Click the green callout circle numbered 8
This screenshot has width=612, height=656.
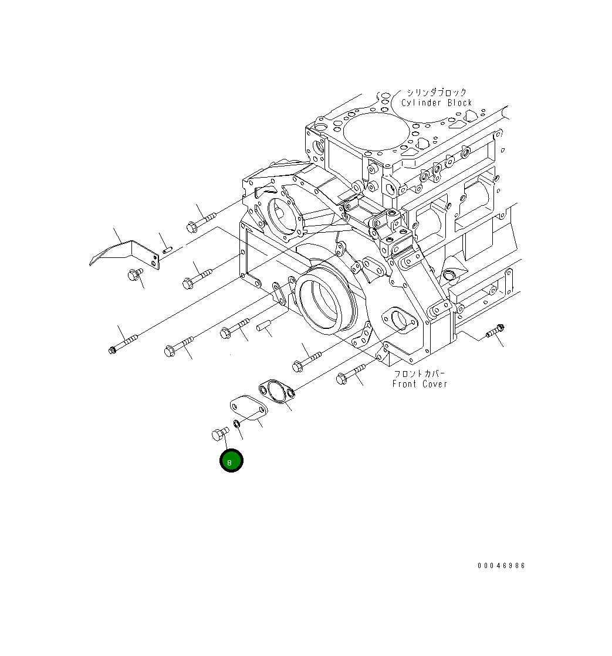231,460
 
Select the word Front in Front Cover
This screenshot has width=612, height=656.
404,383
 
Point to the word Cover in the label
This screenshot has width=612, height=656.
435,383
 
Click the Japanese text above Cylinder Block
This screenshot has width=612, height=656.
436,93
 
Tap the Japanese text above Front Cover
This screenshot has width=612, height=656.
420,373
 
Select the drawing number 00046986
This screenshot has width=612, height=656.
501,566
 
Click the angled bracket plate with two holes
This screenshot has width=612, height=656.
126,253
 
